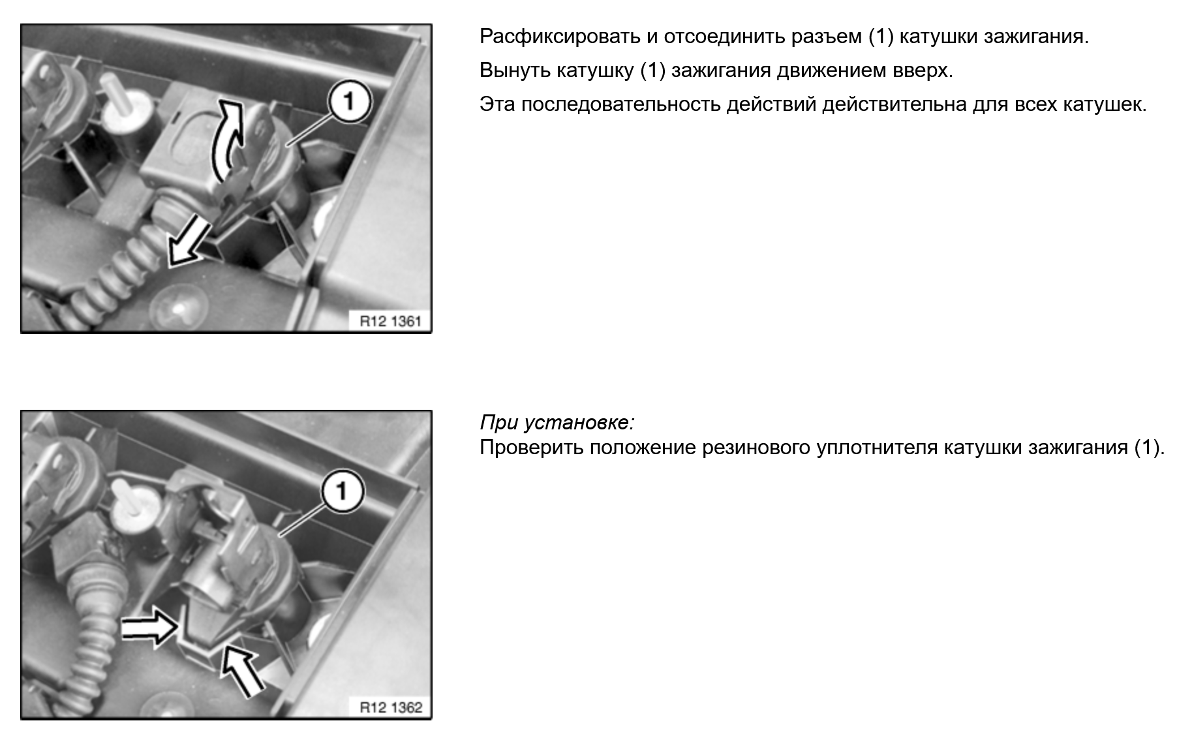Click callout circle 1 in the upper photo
349,102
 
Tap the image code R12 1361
391,321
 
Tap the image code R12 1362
391,707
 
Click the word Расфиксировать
560,37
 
